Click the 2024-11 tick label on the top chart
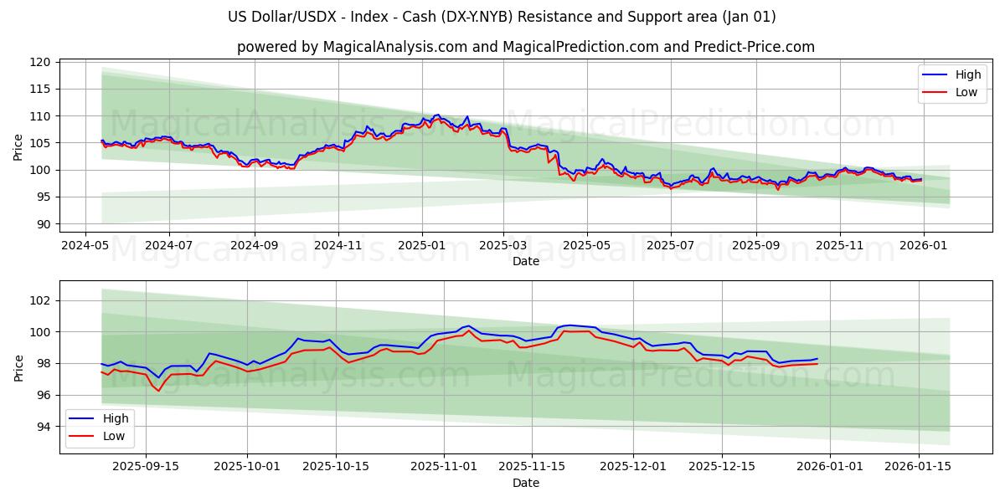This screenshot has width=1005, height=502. (338, 247)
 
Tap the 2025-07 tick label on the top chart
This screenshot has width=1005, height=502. (670, 247)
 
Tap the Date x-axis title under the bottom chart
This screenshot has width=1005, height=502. (526, 483)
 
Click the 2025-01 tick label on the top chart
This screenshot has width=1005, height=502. (421, 247)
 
